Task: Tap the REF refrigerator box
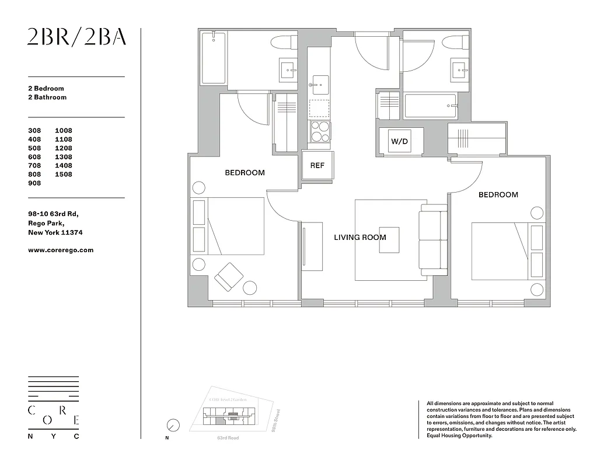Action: pos(317,165)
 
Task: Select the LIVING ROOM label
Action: pos(359,238)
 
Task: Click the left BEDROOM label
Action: pos(245,173)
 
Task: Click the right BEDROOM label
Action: pos(498,195)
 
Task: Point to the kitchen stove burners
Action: pos(319,132)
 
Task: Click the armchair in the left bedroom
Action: pos(229,276)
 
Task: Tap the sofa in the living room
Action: pos(433,240)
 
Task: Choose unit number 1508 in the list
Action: pos(64,175)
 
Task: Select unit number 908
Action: pos(35,183)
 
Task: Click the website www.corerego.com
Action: pos(61,250)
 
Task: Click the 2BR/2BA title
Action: pos(76,37)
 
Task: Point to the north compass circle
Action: pos(172,425)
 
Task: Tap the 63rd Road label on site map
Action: pos(228,438)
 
